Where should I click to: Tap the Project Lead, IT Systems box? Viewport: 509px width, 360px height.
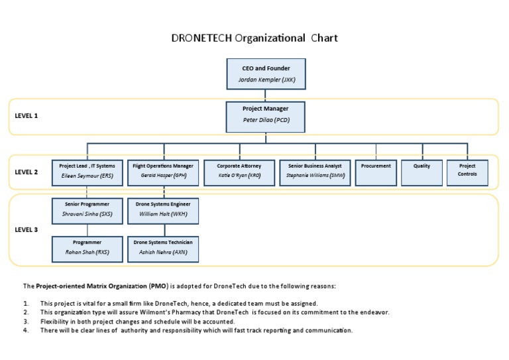[87, 172]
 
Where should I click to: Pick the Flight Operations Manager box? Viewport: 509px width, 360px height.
[162, 172]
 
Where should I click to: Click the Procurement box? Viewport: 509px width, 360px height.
[376, 172]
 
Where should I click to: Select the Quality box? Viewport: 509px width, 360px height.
[422, 172]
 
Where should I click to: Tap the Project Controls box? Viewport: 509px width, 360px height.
[467, 172]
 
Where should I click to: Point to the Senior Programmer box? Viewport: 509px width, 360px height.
[87, 210]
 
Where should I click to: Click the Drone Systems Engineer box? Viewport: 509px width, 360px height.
[162, 210]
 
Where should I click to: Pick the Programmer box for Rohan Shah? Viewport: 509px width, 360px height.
[87, 248]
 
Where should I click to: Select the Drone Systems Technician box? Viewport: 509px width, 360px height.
[162, 248]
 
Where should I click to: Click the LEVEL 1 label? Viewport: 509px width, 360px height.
[27, 115]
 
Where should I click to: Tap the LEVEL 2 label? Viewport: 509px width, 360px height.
[27, 172]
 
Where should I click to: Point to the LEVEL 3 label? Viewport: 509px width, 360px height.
[27, 229]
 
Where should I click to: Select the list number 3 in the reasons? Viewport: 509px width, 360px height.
[25, 321]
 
